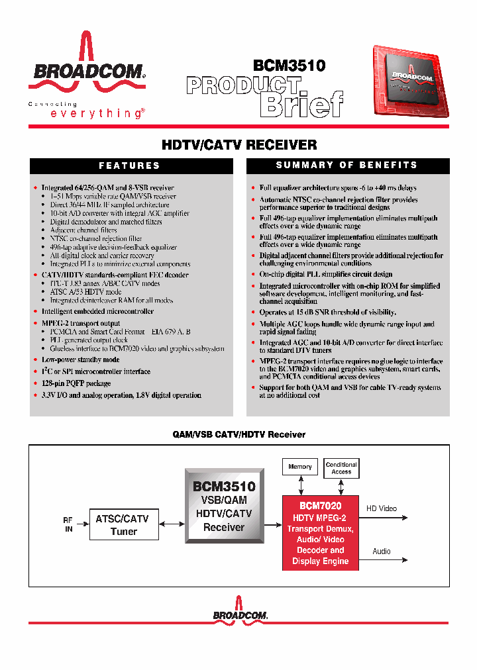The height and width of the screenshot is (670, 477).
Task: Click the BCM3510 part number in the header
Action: (x=289, y=66)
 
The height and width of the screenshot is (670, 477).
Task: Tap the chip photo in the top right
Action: (x=410, y=82)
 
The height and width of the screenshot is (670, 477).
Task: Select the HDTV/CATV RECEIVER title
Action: (x=239, y=144)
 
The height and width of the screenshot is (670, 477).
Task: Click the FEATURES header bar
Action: (x=129, y=166)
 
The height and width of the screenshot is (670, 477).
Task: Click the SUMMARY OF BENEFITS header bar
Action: (x=346, y=165)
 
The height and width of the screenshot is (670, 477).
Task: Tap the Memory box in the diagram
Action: (x=300, y=467)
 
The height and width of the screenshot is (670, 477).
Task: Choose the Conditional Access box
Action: (x=341, y=468)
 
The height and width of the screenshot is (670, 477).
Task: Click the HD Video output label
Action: (x=382, y=508)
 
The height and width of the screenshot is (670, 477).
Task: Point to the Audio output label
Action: (x=382, y=551)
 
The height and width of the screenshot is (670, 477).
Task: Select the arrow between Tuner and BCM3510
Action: (x=172, y=524)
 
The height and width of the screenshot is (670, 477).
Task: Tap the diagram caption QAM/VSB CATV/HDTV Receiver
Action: (x=239, y=434)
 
